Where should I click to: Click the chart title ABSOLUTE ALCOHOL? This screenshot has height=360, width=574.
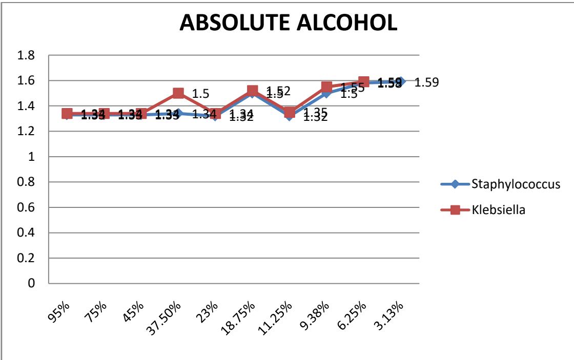click(x=288, y=25)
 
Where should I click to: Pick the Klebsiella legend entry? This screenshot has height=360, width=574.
click(x=496, y=209)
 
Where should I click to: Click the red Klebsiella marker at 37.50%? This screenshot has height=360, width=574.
click(x=178, y=93)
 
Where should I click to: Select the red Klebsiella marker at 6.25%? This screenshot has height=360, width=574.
click(x=364, y=82)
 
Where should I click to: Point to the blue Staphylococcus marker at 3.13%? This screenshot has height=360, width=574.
click(x=401, y=81)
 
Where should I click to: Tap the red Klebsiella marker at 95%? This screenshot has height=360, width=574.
click(x=67, y=114)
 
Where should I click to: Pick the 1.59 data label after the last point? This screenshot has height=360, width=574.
click(x=426, y=82)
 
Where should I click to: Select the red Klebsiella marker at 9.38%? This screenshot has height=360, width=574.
click(x=327, y=87)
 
